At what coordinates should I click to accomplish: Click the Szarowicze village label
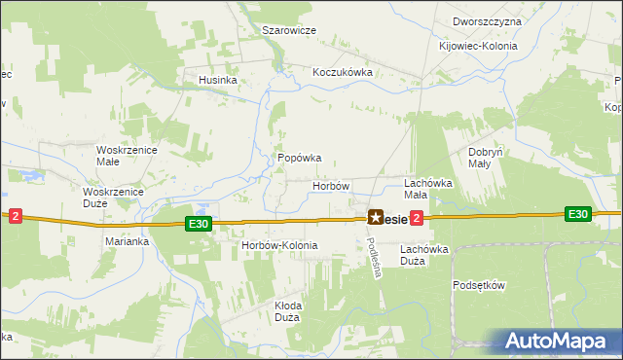[289, 30]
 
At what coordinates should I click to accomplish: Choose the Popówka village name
[299, 158]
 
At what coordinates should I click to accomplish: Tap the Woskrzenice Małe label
[121, 156]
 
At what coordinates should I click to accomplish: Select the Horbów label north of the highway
[330, 185]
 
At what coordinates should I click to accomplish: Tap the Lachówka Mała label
[429, 188]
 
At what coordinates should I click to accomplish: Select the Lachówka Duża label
[425, 255]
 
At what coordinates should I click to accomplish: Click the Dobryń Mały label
[485, 158]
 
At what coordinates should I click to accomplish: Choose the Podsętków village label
[480, 285]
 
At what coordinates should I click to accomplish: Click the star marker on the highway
[375, 219]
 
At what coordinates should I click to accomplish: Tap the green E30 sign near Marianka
[199, 224]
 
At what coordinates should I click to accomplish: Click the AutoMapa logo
[557, 341]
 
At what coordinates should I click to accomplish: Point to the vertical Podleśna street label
[374, 258]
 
